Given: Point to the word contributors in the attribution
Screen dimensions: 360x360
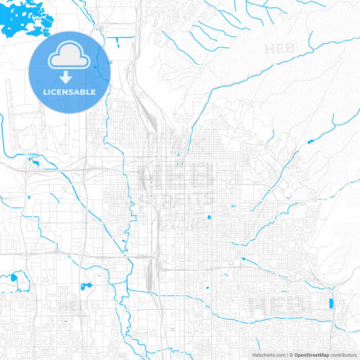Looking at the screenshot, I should (344, 355).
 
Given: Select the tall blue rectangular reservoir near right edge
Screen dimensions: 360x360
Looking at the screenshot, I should (330, 303).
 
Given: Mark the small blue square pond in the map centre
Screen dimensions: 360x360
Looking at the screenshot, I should (209, 217).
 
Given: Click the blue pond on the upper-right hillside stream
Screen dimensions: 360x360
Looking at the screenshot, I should (310, 141).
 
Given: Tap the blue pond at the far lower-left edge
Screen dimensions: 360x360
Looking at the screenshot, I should (14, 277).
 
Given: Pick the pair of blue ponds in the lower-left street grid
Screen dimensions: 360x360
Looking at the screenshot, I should (86, 286).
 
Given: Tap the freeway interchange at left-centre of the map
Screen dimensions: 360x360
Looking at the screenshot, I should (88, 165).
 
